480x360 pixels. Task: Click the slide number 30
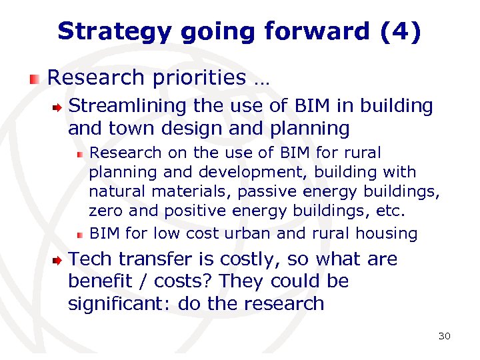pos(444,336)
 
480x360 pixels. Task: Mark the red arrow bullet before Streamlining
pos(59,107)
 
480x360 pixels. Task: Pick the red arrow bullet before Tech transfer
pos(59,260)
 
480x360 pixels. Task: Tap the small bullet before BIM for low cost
pos(79,235)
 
